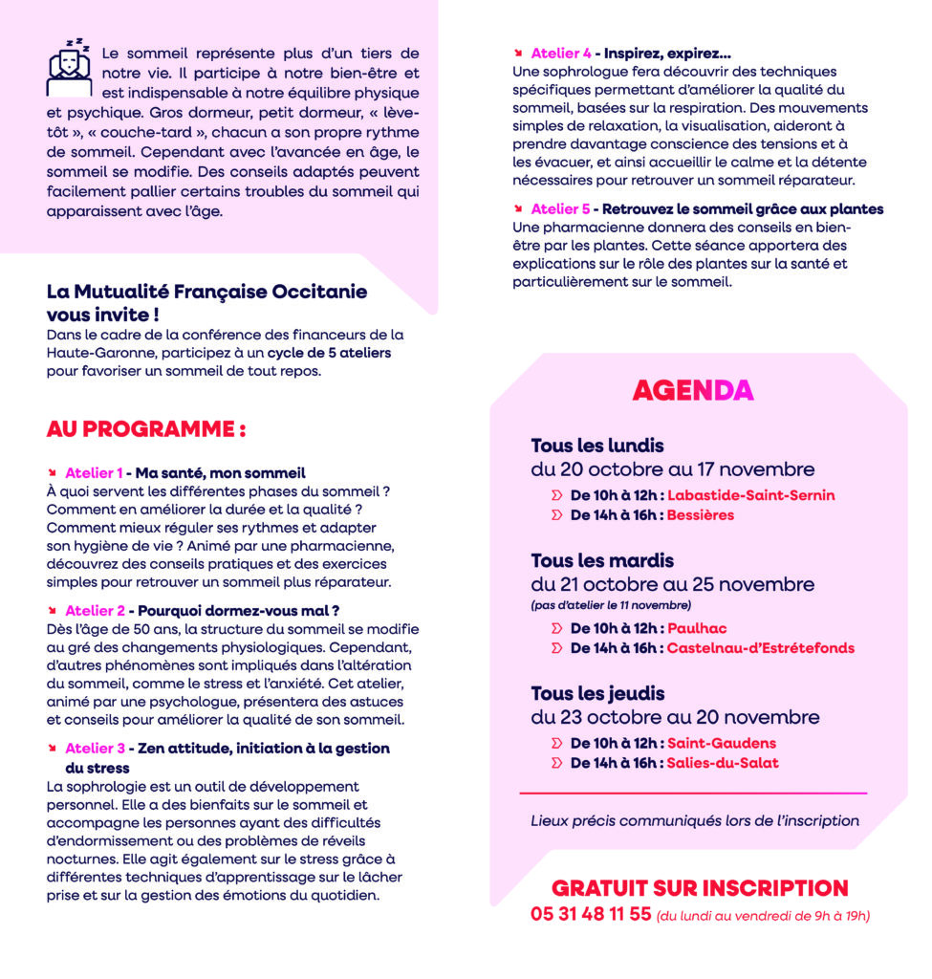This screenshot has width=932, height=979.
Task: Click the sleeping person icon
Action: click(x=70, y=68)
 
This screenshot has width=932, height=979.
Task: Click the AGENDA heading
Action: click(x=693, y=390)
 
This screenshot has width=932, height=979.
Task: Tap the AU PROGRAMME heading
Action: click(x=146, y=429)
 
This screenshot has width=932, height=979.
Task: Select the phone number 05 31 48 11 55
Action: click(x=591, y=915)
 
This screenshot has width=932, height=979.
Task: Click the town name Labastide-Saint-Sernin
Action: click(x=750, y=495)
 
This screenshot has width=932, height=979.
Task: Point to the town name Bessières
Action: click(x=701, y=515)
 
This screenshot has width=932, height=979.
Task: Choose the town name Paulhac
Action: click(x=697, y=628)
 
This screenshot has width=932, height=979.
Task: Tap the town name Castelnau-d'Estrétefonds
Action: click(x=761, y=648)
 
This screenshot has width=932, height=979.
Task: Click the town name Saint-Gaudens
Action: click(x=722, y=743)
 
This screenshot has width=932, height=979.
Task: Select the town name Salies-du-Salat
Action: click(x=723, y=763)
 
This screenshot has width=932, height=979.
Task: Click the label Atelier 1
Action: click(x=94, y=472)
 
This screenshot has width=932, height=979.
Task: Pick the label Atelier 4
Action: click(x=560, y=54)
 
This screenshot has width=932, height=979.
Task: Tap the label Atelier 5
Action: click(x=560, y=208)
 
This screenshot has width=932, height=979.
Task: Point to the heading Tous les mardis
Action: click(x=602, y=560)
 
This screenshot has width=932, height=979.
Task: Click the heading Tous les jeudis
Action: click(x=597, y=693)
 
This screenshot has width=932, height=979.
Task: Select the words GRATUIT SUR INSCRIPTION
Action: click(x=700, y=888)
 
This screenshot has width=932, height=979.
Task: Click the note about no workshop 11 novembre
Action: click(x=610, y=605)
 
